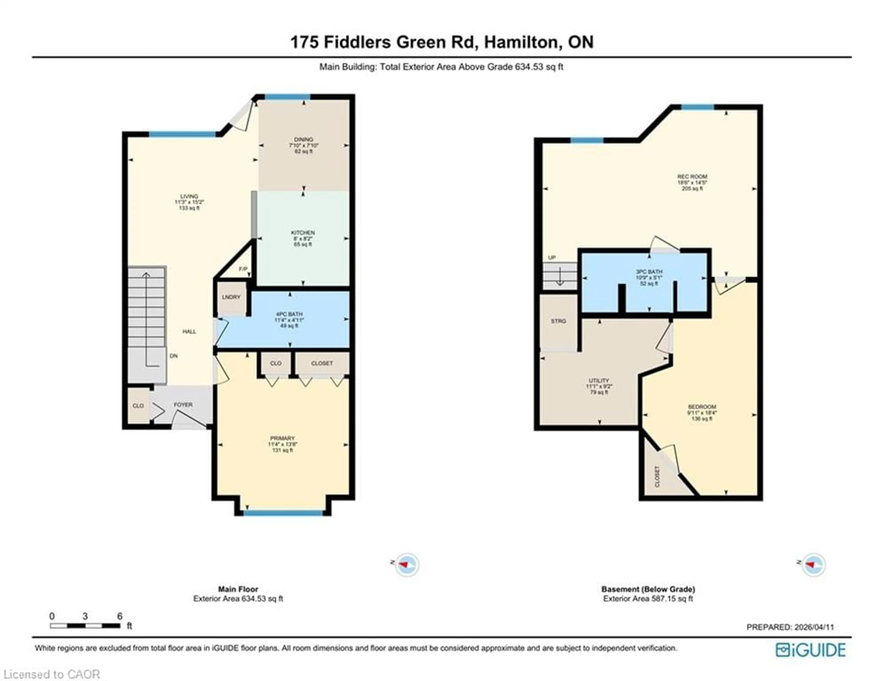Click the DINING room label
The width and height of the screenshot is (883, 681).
304,139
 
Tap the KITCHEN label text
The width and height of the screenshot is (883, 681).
303,233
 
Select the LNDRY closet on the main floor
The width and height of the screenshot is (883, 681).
231,297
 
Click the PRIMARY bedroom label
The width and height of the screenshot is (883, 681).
282,438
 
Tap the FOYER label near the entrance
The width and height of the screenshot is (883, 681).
183,405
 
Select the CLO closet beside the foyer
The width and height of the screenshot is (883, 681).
138,406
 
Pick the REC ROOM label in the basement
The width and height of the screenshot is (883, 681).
692,176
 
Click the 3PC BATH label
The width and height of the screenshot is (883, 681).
649,272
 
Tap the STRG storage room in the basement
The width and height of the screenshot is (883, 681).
558,321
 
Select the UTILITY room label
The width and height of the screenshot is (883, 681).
599,380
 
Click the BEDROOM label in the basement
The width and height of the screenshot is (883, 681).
702,407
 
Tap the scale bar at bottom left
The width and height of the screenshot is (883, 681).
85,626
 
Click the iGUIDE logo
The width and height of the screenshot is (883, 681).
810,650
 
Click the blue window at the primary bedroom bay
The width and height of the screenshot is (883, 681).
283,513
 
